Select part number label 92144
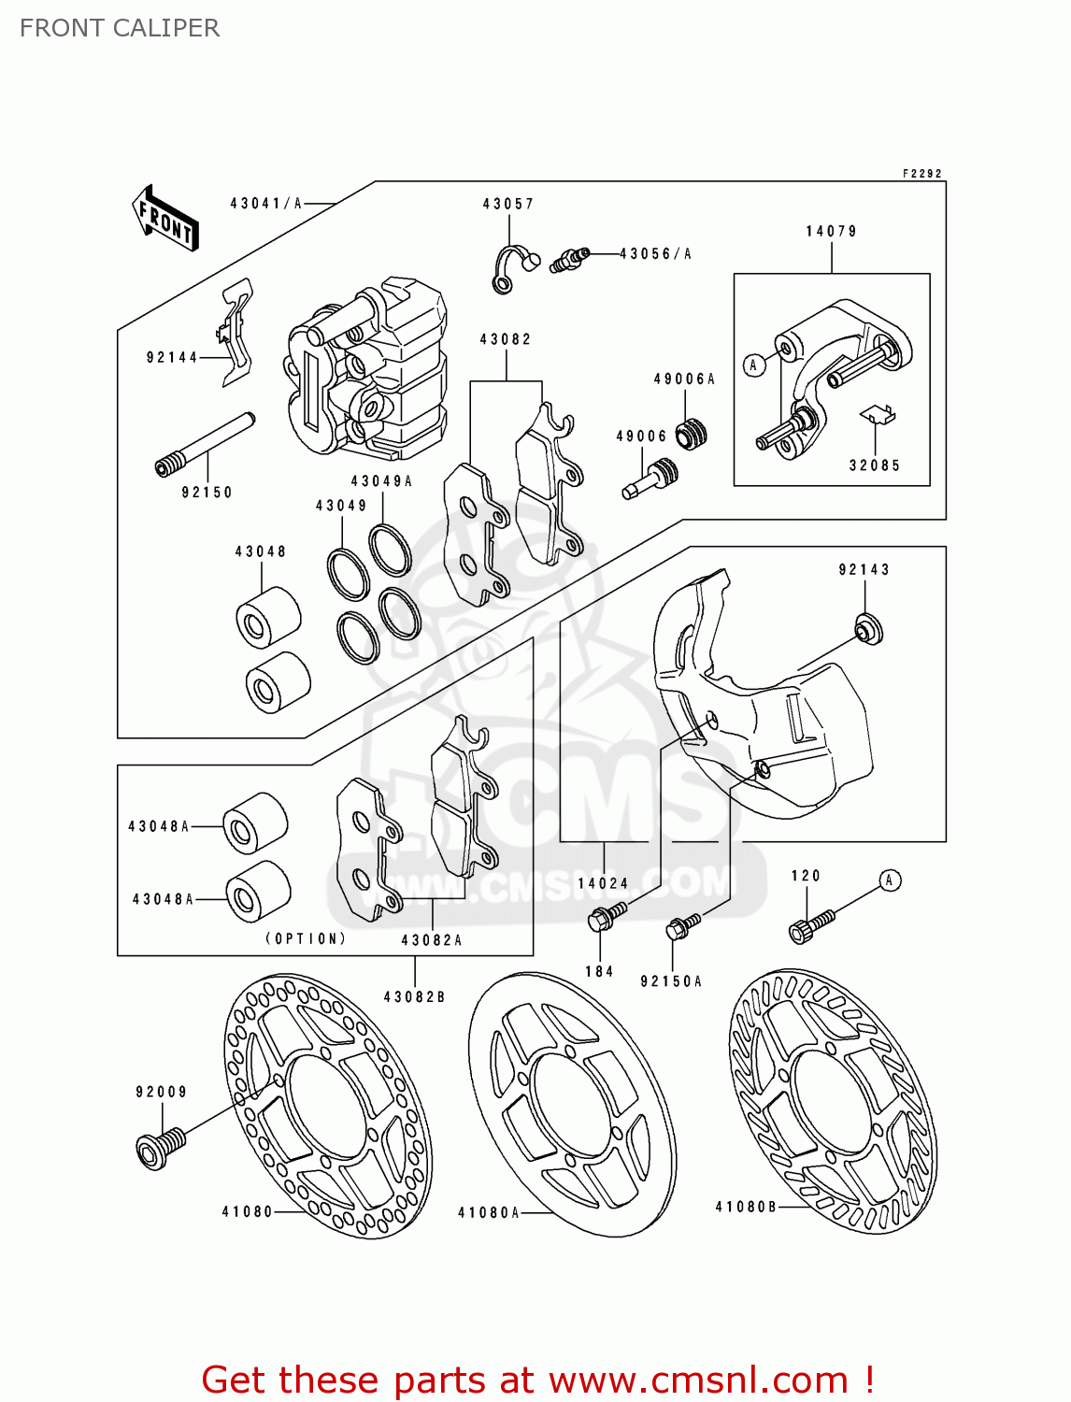tap(172, 357)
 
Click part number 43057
tap(507, 204)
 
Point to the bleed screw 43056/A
tap(568, 259)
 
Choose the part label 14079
tap(831, 232)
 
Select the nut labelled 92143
tap(869, 629)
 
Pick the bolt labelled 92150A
tap(682, 927)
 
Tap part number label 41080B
tap(746, 1207)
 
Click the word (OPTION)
tap(306, 938)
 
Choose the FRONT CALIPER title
tap(120, 28)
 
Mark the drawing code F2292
tap(921, 174)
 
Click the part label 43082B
tap(414, 997)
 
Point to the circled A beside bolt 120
tap(890, 880)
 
